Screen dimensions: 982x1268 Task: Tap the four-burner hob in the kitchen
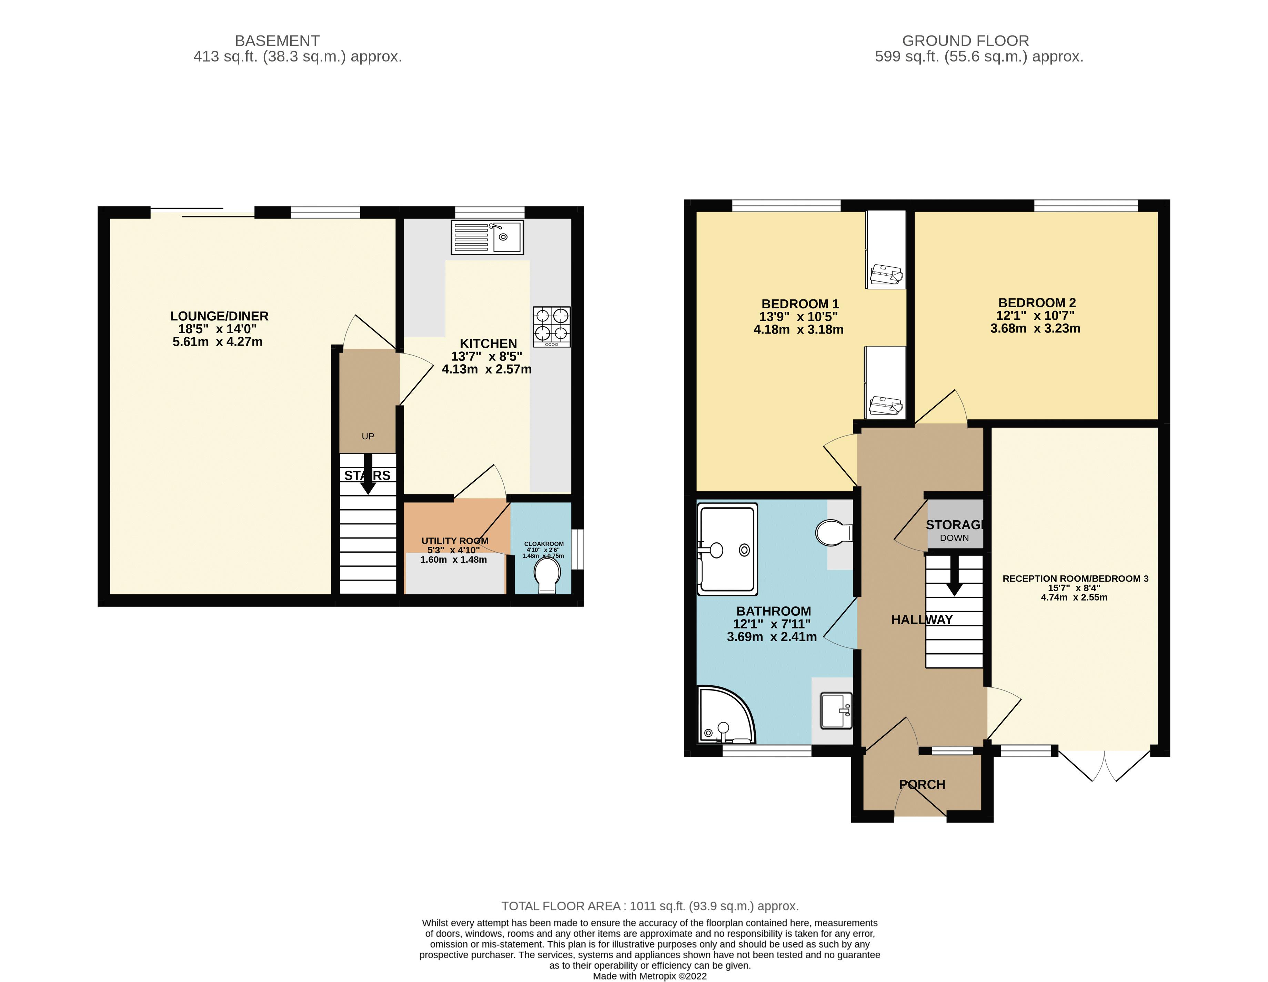coord(552,326)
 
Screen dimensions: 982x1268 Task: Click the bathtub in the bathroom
coord(727,549)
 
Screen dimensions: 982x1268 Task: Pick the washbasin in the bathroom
coord(836,710)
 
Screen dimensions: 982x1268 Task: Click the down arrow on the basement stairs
coord(368,473)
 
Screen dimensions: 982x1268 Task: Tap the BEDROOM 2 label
coord(1036,303)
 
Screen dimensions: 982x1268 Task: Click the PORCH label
coord(922,785)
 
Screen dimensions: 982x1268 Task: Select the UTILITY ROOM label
coord(455,540)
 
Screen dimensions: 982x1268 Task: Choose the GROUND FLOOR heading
coord(965,41)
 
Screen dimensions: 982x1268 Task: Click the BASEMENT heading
coord(277,41)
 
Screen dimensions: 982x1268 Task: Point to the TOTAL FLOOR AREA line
coord(650,906)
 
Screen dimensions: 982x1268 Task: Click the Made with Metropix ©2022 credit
coord(650,976)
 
